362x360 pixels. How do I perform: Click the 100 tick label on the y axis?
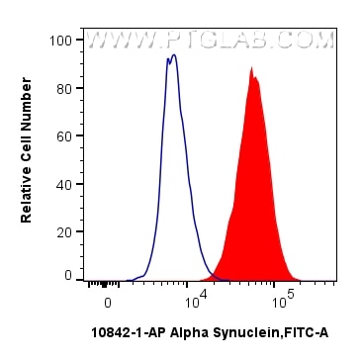[x=60, y=41]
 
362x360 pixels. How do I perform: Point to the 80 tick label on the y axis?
[x=63, y=88]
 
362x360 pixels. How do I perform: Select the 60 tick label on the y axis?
[x=63, y=135]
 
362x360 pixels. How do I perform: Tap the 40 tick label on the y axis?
[x=63, y=183]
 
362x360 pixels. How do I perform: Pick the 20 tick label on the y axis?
[x=63, y=230]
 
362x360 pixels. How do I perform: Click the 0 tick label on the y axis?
[x=67, y=277]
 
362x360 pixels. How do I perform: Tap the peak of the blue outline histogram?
[x=172, y=56]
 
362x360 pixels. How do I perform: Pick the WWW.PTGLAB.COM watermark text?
[x=210, y=41]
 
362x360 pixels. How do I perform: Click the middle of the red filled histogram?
[x=253, y=198]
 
